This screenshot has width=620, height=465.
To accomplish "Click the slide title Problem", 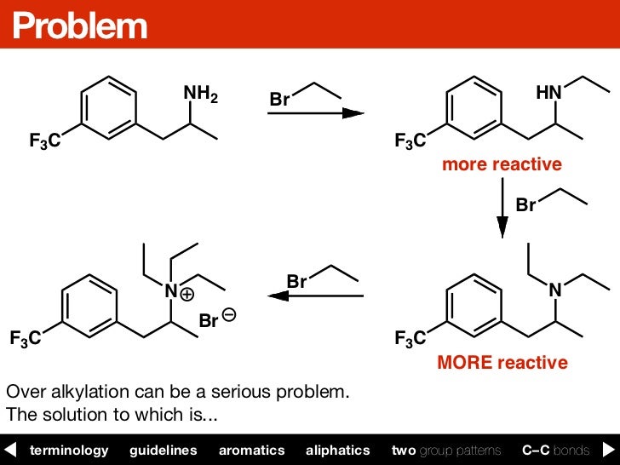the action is pyautogui.click(x=79, y=26).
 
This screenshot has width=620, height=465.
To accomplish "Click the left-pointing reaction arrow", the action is pyautogui.click(x=315, y=296).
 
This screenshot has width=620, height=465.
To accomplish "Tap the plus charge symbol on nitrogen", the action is pyautogui.click(x=187, y=295).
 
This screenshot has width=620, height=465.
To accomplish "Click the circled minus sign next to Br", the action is pyautogui.click(x=228, y=316).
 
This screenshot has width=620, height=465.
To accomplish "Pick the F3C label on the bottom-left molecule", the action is pyautogui.click(x=24, y=339).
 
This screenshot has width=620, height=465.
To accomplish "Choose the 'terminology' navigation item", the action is pyautogui.click(x=69, y=450).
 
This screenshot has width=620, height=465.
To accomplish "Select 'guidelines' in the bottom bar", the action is pyautogui.click(x=163, y=450).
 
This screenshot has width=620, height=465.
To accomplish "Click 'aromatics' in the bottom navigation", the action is pyautogui.click(x=251, y=450).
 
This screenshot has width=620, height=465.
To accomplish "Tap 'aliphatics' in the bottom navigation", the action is pyautogui.click(x=338, y=450).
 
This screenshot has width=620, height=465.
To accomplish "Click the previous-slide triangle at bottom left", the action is pyautogui.click(x=10, y=450).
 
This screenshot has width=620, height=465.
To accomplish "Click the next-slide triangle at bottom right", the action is pyautogui.click(x=609, y=450).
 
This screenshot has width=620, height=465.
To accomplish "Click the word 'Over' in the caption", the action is pyautogui.click(x=23, y=393).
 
